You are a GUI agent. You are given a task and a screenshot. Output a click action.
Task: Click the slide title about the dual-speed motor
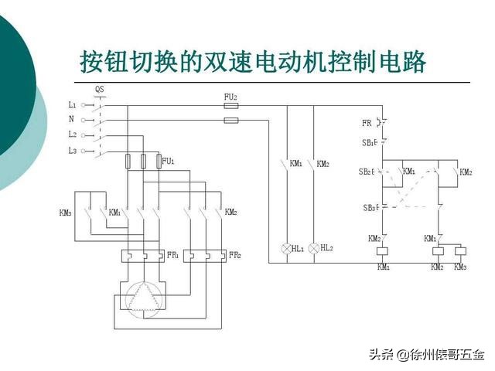tap(254, 62)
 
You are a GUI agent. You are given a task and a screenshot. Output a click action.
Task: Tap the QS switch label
tap(100, 90)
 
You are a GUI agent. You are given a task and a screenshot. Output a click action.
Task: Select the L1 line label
tap(72, 104)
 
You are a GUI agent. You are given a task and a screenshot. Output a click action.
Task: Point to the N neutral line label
tap(72, 119)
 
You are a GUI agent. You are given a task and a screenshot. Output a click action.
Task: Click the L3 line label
tap(72, 151)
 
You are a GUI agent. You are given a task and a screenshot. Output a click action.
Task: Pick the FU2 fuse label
tap(230, 97)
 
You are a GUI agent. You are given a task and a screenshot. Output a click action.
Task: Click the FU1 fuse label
tap(169, 162)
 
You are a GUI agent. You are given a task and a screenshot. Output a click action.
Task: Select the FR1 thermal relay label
tap(172, 254)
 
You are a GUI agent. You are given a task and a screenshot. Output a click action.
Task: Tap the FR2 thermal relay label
tap(235, 254)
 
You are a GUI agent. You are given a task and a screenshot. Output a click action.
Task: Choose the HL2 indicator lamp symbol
tap(314, 248)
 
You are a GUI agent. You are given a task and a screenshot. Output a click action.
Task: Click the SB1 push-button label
tap(367, 143)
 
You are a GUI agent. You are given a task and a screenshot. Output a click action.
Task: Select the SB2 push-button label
tap(366, 172)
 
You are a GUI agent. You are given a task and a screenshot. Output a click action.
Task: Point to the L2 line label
tap(72, 135)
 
